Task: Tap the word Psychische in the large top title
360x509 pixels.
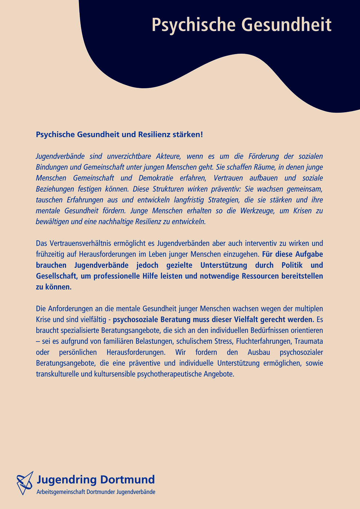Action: click(192, 25)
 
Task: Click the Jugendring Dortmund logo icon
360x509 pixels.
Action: click(25, 483)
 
